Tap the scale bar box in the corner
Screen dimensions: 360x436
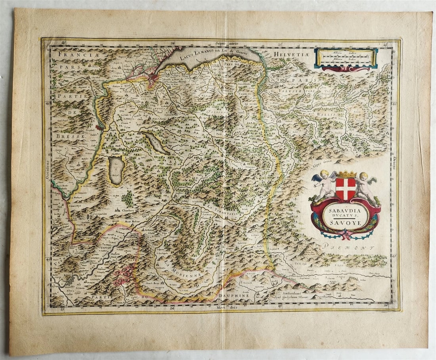pyautogui.click(x=346, y=59)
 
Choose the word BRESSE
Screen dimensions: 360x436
pyautogui.click(x=72, y=136)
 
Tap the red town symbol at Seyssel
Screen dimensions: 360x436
pyautogui.click(x=98, y=127)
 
